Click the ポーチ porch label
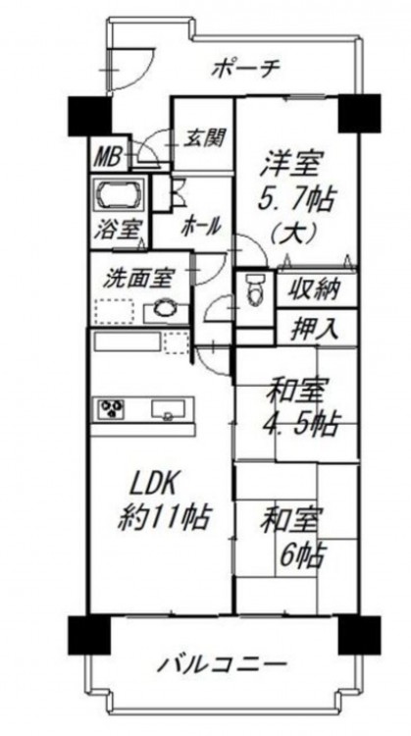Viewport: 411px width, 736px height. coord(246,70)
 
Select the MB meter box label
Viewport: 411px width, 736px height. coord(109,156)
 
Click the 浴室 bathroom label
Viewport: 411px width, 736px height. coord(118,231)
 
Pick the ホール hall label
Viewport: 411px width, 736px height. coord(201,228)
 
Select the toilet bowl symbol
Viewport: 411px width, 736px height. coord(256,289)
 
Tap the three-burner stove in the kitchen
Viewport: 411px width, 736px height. coord(112,407)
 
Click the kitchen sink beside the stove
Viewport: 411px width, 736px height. coord(168,409)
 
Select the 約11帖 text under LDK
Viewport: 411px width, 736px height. coord(163,518)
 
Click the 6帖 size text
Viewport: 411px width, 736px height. coord(302,556)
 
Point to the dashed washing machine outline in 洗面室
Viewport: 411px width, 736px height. coord(114,311)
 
